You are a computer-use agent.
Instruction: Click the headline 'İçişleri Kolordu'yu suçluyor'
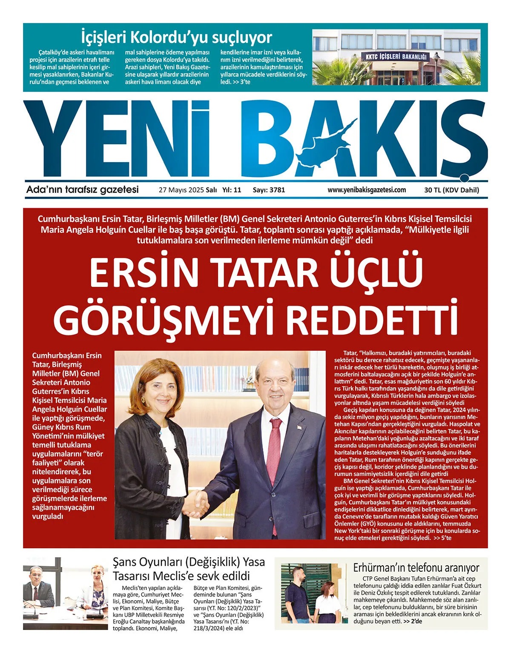point(176,37)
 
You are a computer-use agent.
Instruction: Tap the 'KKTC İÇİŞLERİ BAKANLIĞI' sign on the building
point(396,56)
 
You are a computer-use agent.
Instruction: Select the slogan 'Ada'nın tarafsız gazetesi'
point(82,190)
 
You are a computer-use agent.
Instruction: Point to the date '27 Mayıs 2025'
point(181,190)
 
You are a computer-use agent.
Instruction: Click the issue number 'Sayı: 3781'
point(269,190)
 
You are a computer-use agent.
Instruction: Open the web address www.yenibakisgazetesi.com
point(367,190)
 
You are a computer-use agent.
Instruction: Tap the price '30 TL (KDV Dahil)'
point(451,190)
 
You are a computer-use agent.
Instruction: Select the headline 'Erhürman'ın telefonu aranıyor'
point(416,567)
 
